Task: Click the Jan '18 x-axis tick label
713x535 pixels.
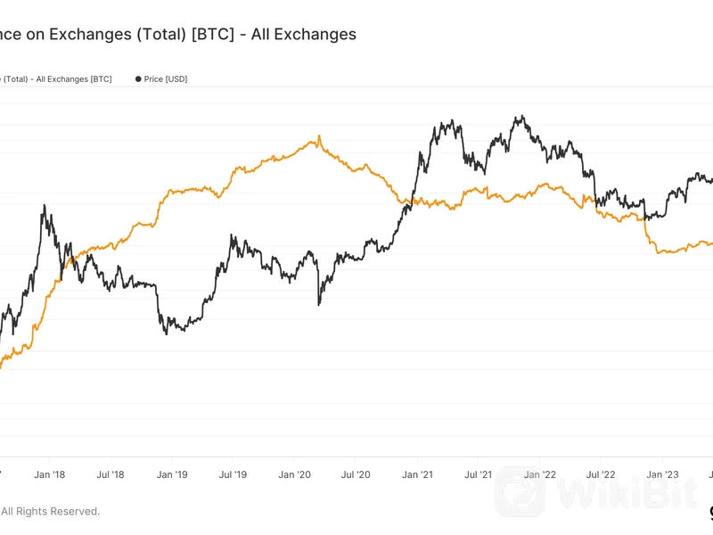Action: click(x=50, y=475)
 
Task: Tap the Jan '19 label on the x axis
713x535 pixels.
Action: click(x=172, y=475)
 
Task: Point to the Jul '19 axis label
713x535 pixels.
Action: click(x=233, y=475)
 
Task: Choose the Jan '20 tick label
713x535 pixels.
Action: click(x=295, y=475)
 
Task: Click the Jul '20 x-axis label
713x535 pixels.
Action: click(x=356, y=475)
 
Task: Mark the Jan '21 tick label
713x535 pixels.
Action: click(x=417, y=475)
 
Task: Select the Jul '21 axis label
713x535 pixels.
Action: click(x=479, y=475)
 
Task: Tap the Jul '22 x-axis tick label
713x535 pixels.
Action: click(x=601, y=475)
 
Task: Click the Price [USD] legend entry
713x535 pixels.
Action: click(x=165, y=79)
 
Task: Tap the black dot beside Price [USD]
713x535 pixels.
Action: click(x=138, y=79)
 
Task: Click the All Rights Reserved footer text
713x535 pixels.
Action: click(x=50, y=511)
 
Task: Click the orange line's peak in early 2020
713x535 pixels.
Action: click(x=318, y=137)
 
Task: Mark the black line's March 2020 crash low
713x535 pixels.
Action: click(x=318, y=305)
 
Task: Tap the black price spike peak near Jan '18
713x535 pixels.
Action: click(x=45, y=206)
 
